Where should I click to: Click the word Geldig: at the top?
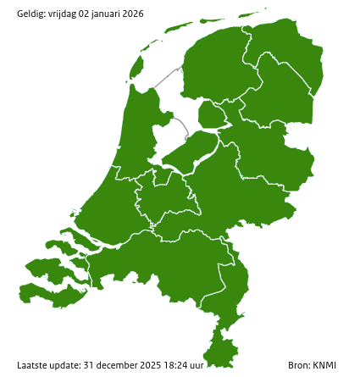click(31, 14)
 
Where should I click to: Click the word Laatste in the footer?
click(32, 365)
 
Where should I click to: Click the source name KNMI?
click(324, 365)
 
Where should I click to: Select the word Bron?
click(300, 365)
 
